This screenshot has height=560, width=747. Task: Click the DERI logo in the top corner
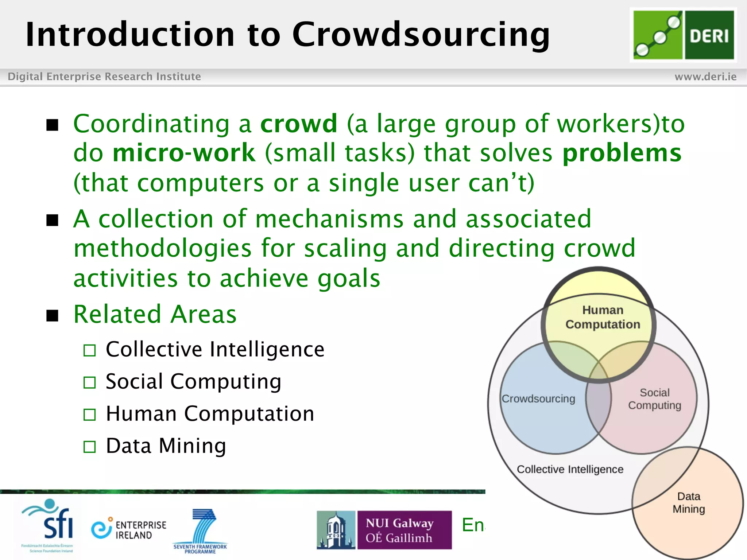click(683, 35)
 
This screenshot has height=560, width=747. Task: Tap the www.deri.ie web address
click(705, 77)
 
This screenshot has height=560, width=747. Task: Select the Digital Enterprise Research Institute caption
click(104, 77)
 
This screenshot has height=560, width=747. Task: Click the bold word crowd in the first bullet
click(299, 124)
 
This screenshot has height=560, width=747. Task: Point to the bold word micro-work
click(184, 153)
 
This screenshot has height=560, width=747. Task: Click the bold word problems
click(622, 153)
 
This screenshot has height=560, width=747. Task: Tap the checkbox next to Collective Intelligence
click(89, 350)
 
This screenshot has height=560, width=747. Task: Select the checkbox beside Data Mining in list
click(89, 447)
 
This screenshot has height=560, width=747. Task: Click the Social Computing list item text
click(193, 382)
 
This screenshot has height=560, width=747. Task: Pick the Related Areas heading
click(155, 314)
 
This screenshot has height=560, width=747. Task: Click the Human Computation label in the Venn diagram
click(603, 317)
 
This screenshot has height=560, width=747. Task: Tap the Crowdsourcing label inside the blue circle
click(538, 398)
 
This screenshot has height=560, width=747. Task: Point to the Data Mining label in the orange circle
click(689, 502)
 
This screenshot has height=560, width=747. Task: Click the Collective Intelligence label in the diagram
click(570, 469)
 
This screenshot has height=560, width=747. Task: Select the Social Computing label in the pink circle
click(654, 399)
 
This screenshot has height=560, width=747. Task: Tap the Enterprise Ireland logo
click(128, 529)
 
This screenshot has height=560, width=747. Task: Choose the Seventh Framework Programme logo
click(200, 531)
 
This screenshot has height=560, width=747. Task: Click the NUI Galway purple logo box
click(404, 530)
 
